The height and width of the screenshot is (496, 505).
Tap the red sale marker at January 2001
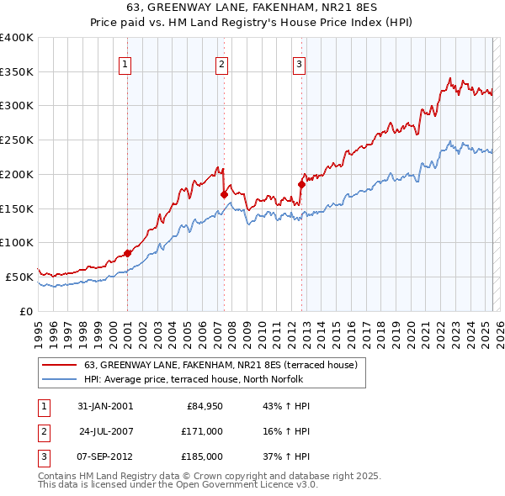click(127, 253)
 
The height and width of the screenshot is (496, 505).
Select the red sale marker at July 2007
click(224, 194)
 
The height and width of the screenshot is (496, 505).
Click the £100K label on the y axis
click(17, 242)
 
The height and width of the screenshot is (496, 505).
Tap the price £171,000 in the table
click(202, 431)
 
